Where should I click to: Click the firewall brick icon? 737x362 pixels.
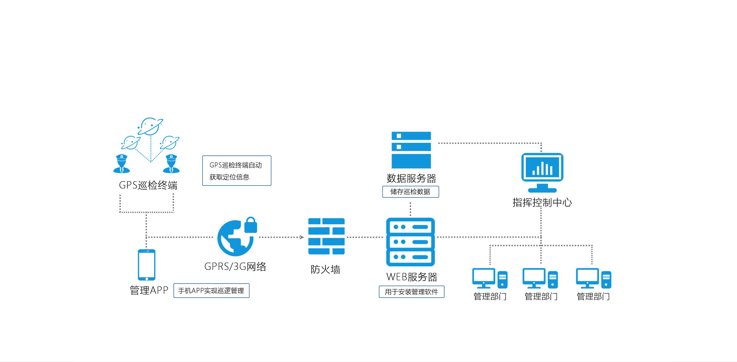point(326,236)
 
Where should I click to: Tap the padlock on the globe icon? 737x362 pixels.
point(251,225)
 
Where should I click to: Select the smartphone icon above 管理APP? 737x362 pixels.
point(147,265)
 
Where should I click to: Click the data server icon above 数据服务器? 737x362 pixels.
point(411,150)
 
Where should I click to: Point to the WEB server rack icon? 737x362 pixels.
point(410,242)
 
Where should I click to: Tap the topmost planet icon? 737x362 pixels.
point(150,126)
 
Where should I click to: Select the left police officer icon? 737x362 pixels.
point(122,164)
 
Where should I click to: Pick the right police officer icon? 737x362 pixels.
point(171,164)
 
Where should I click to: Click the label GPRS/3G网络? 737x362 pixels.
point(235,266)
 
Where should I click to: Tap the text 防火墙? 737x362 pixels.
point(326,269)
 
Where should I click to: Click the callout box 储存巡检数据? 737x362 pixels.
point(410,192)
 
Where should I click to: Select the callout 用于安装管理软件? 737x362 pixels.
point(411,292)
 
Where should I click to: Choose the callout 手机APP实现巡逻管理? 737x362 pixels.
point(211,291)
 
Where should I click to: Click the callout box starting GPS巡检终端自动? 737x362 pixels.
point(236,171)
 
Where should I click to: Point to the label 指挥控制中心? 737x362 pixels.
point(542,202)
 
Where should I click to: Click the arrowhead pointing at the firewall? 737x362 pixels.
point(302,237)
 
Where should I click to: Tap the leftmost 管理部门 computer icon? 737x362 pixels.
point(490,278)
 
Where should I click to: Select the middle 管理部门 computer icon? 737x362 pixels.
point(540,278)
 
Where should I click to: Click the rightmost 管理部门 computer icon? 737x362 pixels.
point(593,278)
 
